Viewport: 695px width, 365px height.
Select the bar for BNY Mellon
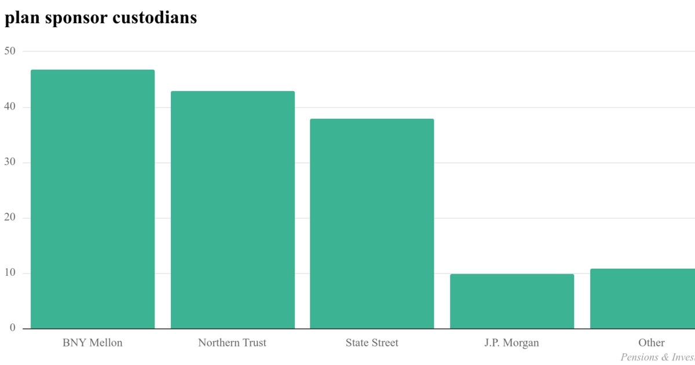pos(93,199)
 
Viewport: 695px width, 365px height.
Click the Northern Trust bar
pos(232,210)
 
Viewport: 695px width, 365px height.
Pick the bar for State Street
pos(372,224)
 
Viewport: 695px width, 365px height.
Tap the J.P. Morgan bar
pos(512,301)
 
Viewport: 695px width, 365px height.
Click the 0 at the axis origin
pos(12,328)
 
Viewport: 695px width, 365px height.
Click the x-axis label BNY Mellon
pos(93,342)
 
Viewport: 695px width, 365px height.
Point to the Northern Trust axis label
pos(232,342)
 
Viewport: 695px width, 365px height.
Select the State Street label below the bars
pos(372,342)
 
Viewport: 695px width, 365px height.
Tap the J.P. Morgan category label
pos(512,342)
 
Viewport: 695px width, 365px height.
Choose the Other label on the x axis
pos(652,342)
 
